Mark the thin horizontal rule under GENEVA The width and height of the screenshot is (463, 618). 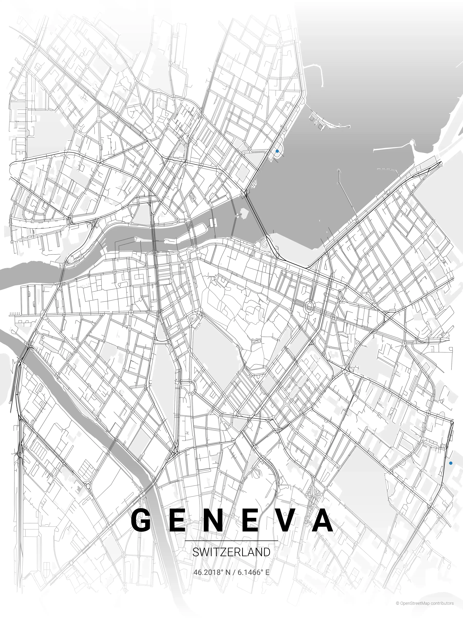[231, 541]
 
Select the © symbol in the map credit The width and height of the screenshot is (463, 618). [397, 609]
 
